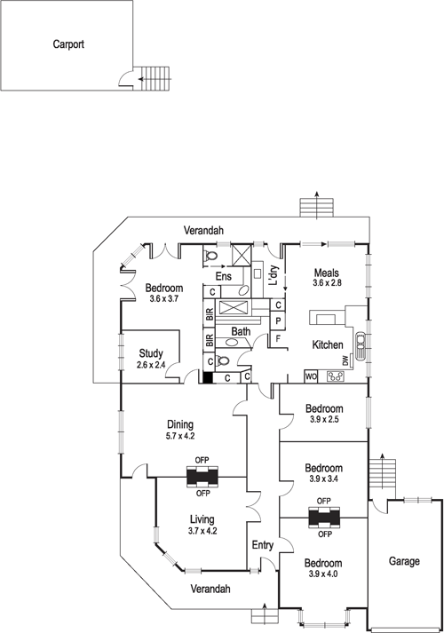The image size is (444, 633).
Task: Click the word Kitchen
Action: click(x=328, y=344)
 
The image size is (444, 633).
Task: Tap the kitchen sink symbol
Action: click(x=359, y=344)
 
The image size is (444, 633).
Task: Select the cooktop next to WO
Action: click(x=336, y=376)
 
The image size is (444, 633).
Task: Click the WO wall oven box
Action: click(x=311, y=376)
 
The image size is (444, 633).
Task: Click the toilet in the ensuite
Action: click(x=211, y=257)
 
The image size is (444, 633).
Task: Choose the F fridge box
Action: click(x=278, y=338)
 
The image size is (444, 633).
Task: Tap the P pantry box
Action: click(x=278, y=320)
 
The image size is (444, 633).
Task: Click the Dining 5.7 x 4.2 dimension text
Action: click(x=180, y=436)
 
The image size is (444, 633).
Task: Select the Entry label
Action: click(x=263, y=544)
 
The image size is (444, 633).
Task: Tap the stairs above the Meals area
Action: click(x=315, y=206)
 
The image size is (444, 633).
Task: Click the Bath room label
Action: click(x=241, y=332)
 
